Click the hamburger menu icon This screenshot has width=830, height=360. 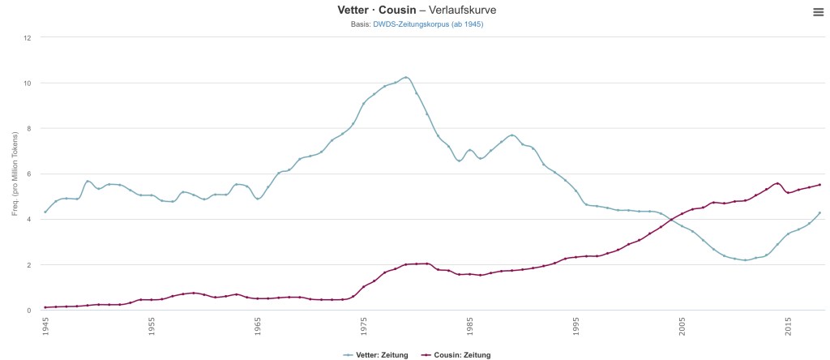point(818,11)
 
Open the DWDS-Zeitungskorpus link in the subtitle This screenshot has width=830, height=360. point(427,24)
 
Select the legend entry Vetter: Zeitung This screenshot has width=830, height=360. point(375,354)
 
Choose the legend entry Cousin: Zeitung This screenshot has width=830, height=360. point(456,354)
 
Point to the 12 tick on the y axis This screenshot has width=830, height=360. point(28,37)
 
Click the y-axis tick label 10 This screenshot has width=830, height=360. point(28,83)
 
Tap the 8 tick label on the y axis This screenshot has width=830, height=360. point(28,128)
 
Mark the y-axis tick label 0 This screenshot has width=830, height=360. point(28,310)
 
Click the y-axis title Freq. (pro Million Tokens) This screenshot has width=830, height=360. point(15,174)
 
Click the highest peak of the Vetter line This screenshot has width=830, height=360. point(406,78)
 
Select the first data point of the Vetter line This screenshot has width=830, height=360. point(45,212)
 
